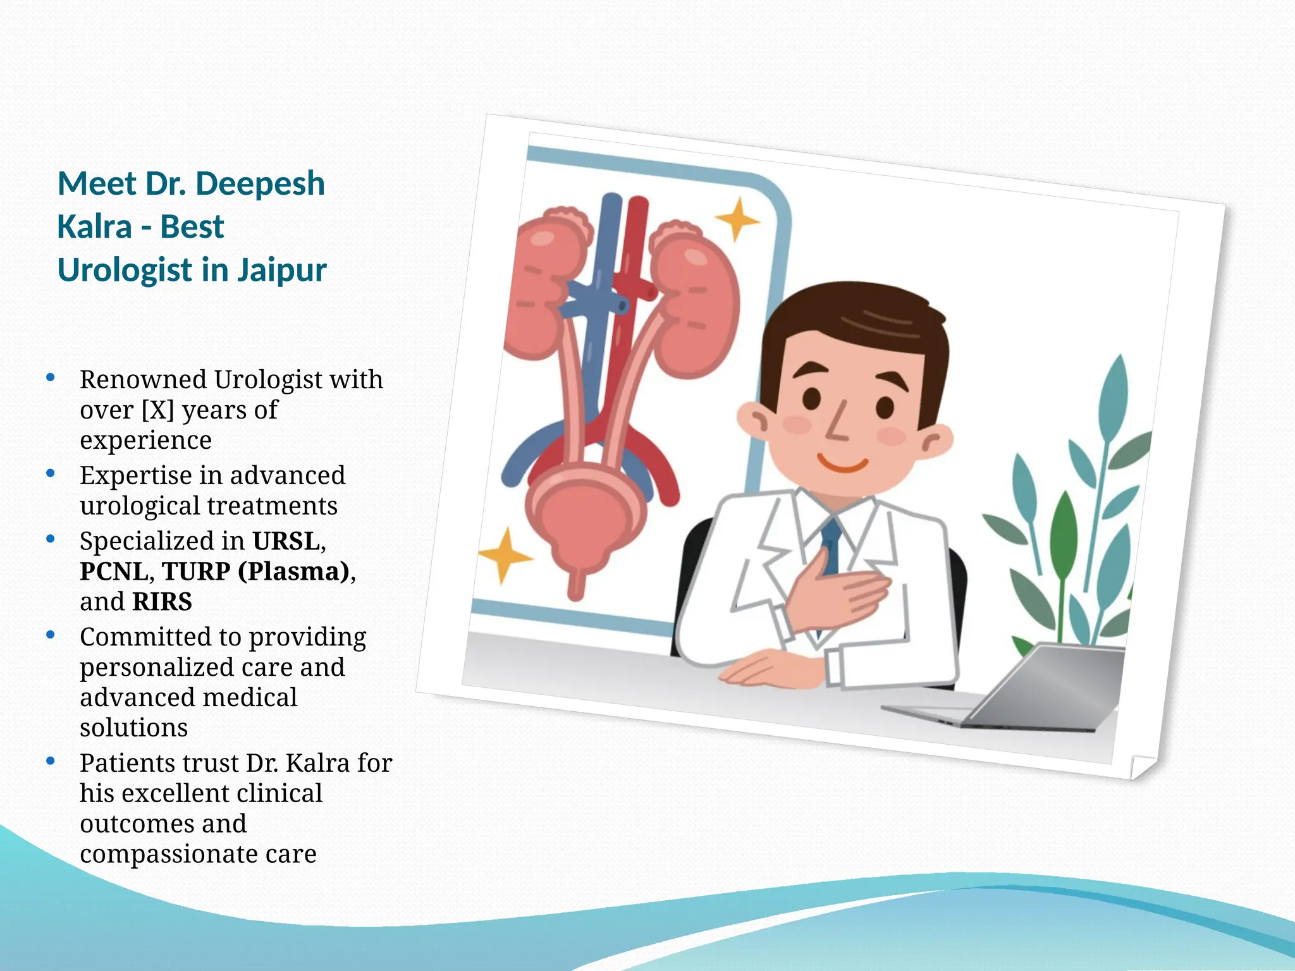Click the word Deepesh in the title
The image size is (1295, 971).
[260, 185]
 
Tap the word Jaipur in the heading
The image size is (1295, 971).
[282, 271]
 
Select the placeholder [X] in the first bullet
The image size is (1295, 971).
[157, 410]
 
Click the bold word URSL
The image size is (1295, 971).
[286, 541]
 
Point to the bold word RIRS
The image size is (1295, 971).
[162, 602]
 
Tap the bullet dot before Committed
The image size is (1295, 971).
[51, 635]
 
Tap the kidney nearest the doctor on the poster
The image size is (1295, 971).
[696, 303]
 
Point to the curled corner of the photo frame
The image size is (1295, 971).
[1143, 766]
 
